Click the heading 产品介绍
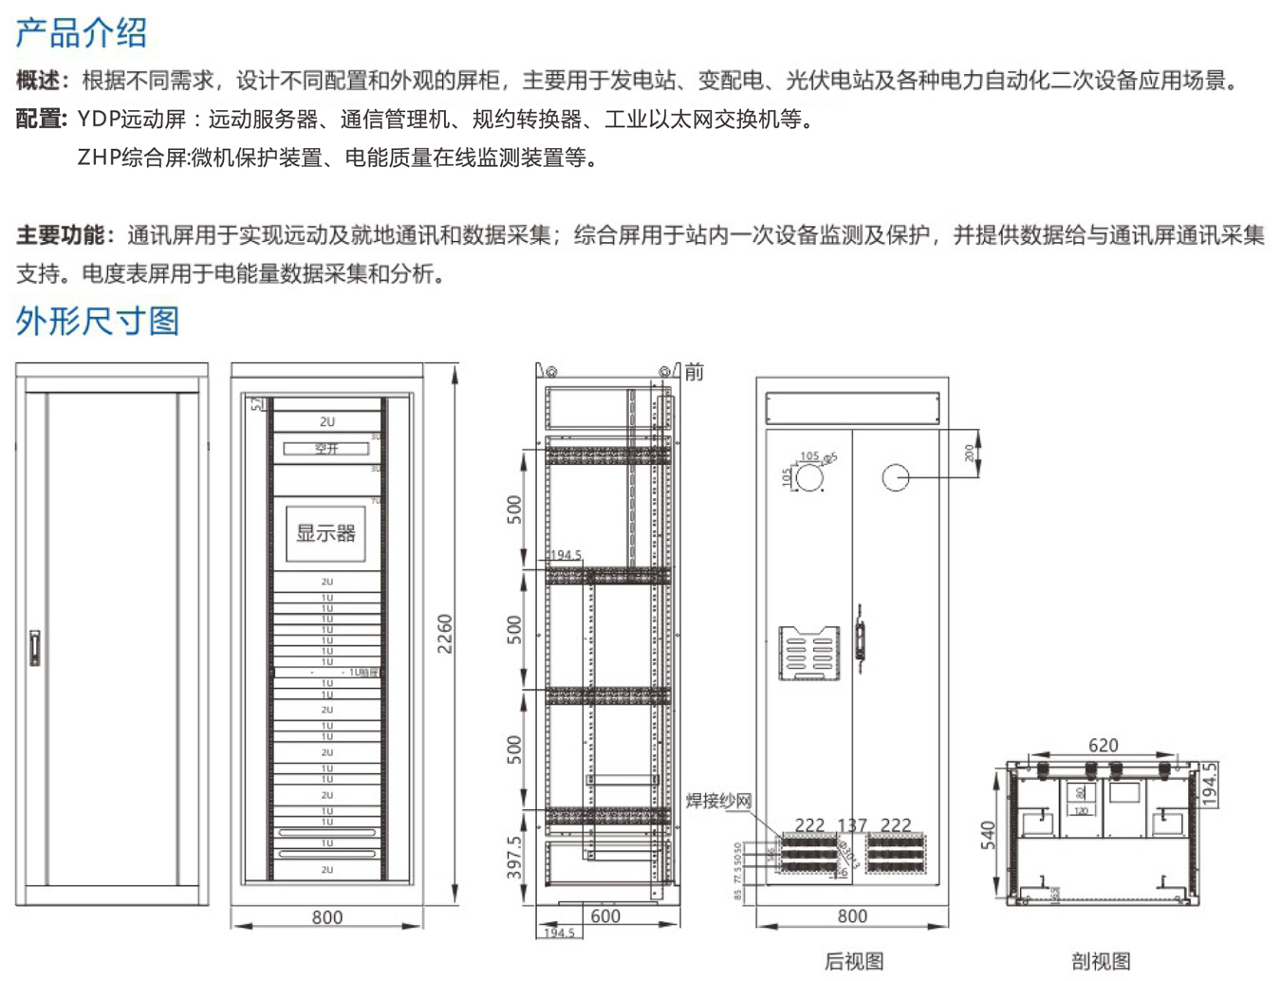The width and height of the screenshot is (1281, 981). click(x=82, y=33)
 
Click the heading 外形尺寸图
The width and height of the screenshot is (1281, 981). click(x=97, y=321)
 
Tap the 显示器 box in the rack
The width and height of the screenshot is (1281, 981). click(x=325, y=533)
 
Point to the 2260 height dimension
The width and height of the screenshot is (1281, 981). click(x=444, y=633)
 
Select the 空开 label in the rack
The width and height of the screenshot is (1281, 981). click(x=326, y=448)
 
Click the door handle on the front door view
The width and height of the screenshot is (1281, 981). click(x=35, y=648)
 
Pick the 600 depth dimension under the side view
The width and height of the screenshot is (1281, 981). click(x=605, y=916)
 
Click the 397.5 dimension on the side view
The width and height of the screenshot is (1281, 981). click(x=514, y=857)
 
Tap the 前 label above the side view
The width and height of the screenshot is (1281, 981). click(x=695, y=372)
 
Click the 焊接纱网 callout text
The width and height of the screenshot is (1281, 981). click(x=718, y=801)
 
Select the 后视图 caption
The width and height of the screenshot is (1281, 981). click(x=854, y=961)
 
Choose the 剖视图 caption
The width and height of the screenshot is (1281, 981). click(x=1101, y=961)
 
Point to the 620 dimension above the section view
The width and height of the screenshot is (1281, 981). click(x=1103, y=746)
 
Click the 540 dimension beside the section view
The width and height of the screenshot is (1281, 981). click(x=988, y=836)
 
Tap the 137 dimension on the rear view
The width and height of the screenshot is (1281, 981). click(x=852, y=825)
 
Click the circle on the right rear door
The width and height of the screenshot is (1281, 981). click(x=896, y=477)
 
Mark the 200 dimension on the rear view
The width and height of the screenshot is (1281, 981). click(x=969, y=453)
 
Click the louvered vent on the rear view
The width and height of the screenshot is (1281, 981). click(x=808, y=653)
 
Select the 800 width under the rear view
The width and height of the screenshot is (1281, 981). click(x=852, y=916)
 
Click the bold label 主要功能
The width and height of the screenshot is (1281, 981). click(x=60, y=235)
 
